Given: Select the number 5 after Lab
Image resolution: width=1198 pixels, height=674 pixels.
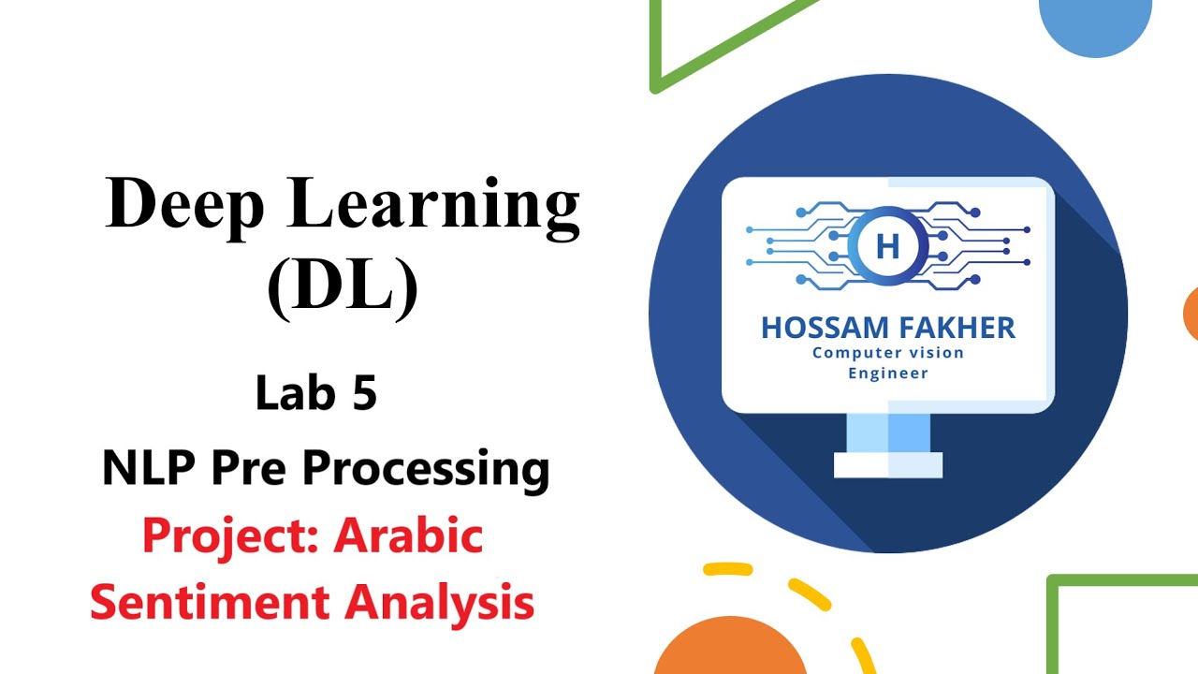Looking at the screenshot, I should pos(364,393).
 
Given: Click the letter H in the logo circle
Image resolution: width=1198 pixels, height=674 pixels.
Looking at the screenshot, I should pos(886,247).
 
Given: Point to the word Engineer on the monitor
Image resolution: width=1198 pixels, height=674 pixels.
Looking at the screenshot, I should pos(887,374).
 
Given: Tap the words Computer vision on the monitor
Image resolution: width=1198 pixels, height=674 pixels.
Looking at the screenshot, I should pos(887,353).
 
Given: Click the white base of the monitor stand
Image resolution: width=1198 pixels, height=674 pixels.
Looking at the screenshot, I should pos(887,465).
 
